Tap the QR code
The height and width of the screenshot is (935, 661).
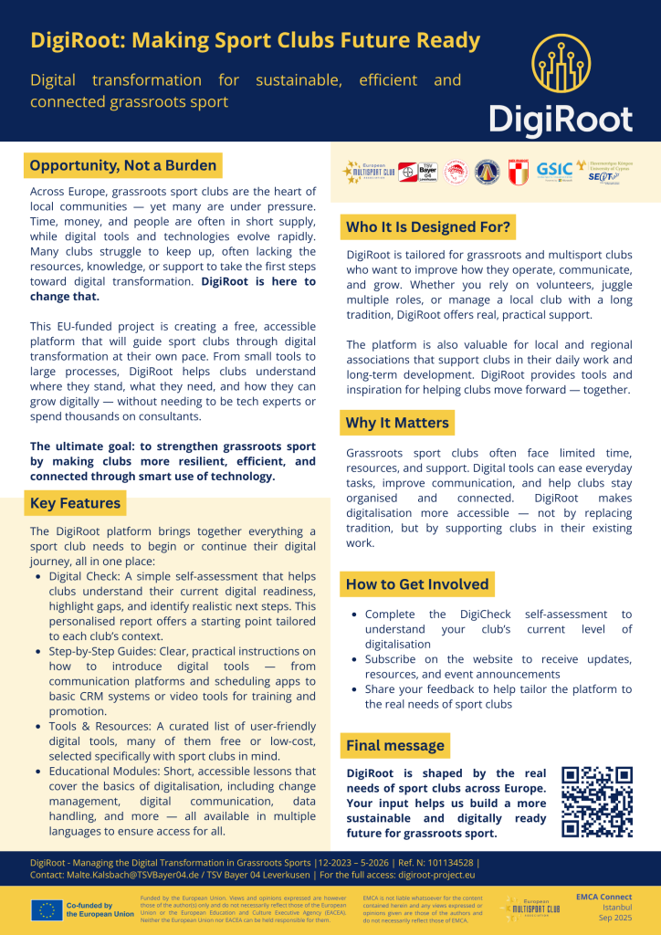597,802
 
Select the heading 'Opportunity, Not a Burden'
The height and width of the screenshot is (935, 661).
123,165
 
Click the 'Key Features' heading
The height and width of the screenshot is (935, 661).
75,503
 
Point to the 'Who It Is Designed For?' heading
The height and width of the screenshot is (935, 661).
428,226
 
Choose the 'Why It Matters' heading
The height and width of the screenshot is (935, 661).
396,423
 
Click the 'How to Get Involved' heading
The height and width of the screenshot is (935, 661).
417,584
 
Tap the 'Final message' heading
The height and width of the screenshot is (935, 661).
394,746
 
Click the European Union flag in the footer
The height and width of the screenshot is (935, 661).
46,909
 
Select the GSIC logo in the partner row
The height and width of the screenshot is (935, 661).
554,169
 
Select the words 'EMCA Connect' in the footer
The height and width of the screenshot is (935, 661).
604,898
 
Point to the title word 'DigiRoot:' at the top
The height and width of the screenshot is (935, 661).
75,40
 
